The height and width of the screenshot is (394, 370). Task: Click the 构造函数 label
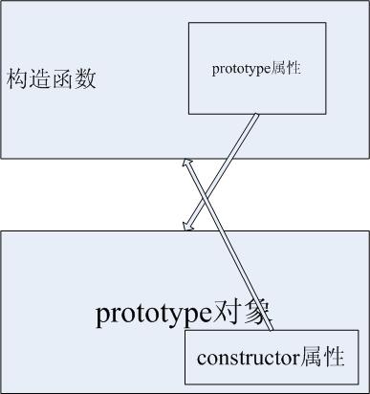coord(52,78)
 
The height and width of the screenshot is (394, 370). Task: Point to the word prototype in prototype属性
coord(235,69)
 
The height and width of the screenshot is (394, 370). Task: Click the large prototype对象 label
coord(185,313)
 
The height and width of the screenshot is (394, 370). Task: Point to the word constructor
coord(243,359)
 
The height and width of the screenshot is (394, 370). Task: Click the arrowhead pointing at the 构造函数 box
coord(190,164)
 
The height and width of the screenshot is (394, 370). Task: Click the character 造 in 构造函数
coord(41,78)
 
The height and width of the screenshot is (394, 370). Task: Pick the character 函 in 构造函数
coord(63,78)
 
